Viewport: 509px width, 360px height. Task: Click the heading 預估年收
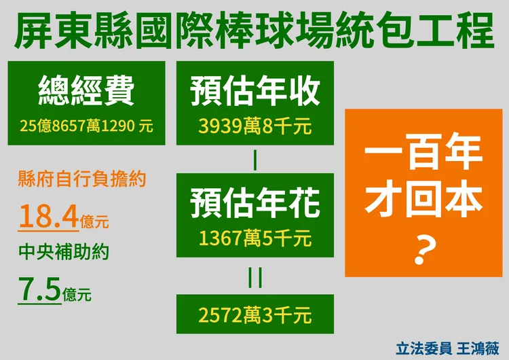[x=254, y=91]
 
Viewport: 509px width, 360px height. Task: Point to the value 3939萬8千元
[x=254, y=126]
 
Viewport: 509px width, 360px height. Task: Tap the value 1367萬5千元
[x=254, y=238]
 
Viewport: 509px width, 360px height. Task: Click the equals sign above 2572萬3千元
[x=254, y=278]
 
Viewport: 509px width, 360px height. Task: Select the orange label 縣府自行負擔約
[x=81, y=181]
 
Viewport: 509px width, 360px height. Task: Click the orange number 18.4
[x=48, y=217]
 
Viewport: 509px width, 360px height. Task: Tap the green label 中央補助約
[x=64, y=253]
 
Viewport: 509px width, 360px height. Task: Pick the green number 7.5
[x=39, y=290]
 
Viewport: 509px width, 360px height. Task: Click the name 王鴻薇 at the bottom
[x=479, y=347]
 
